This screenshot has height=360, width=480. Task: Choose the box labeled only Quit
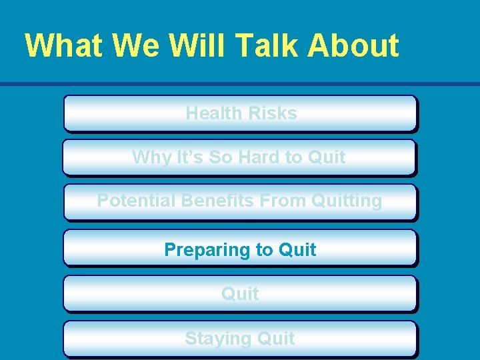click(240, 294)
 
